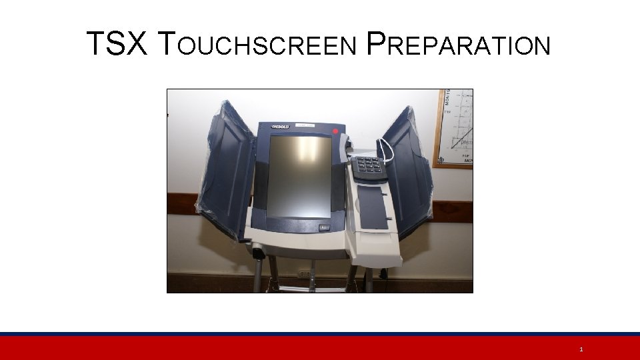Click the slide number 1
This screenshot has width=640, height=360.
581,349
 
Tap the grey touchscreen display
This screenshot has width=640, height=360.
299,176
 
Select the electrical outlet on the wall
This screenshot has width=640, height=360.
303,273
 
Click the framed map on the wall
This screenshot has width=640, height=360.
455,128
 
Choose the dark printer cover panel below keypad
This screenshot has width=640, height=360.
374,207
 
